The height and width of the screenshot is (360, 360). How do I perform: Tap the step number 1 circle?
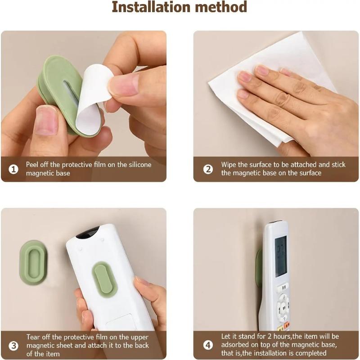click(x=14, y=169)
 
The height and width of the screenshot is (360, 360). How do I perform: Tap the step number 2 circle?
click(x=207, y=169)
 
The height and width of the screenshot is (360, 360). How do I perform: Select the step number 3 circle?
click(x=14, y=346)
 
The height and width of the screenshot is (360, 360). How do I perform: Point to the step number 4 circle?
click(x=207, y=346)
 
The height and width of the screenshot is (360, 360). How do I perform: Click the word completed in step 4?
click(x=310, y=353)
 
